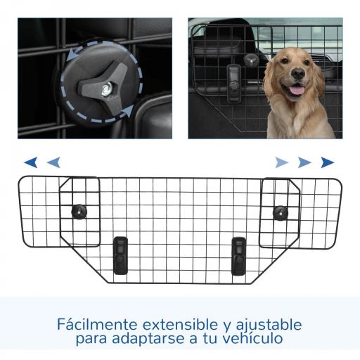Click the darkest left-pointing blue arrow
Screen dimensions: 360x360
31,162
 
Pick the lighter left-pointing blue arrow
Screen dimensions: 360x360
53,162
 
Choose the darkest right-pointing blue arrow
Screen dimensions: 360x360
327,162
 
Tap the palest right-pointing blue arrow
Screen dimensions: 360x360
282,162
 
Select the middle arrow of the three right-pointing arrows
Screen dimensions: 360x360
304,162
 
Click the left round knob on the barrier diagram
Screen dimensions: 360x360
79,210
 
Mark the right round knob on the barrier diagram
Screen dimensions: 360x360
281,211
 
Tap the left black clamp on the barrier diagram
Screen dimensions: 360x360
120,252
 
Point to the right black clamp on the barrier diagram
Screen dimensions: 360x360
239,252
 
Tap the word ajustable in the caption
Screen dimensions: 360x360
270,325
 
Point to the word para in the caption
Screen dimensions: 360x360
92,340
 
